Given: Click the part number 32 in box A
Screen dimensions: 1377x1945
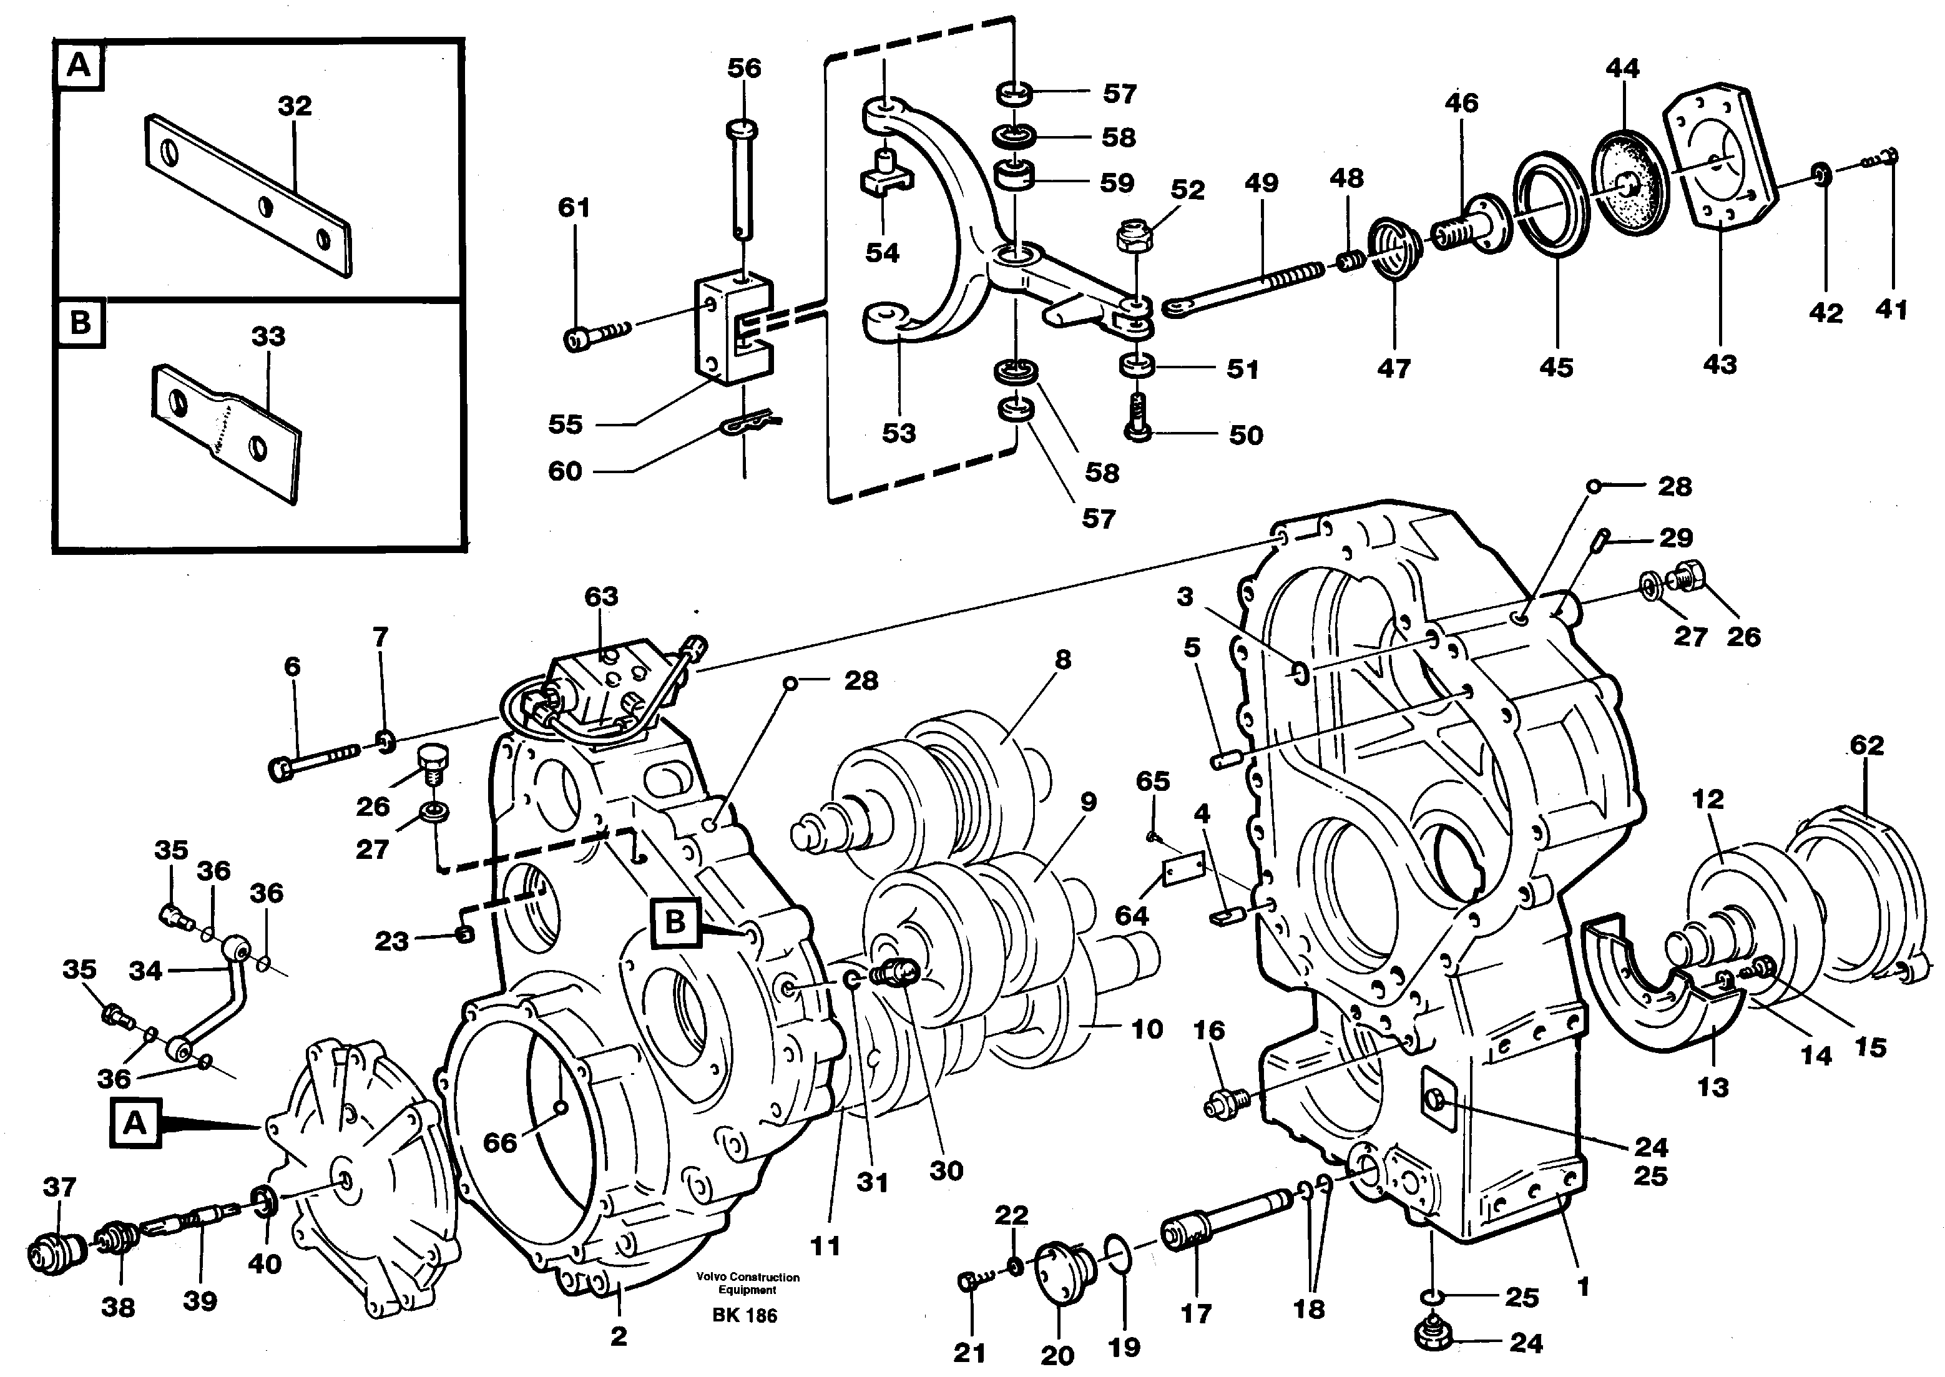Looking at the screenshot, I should coord(294,106).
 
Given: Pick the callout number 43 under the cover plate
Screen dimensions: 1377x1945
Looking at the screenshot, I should coord(1720,365).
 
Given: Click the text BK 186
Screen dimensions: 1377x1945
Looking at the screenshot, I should coord(745,1315).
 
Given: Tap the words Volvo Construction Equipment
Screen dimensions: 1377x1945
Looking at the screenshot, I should coord(747,1284).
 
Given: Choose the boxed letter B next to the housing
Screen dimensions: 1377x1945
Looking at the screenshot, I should coord(675,922).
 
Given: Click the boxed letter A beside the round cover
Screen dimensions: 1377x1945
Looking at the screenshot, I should coord(135,1124).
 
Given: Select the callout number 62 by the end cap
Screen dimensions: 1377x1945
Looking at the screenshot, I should coord(1866,745).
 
